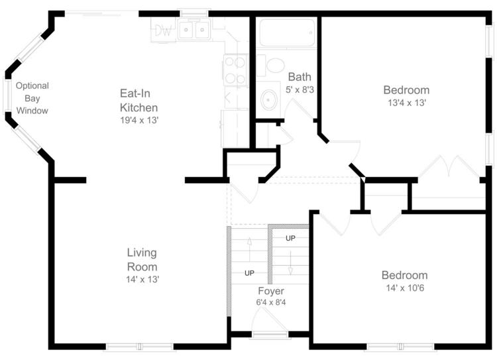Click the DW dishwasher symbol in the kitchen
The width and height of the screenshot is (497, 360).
coord(163,30)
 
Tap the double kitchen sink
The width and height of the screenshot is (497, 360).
coord(193,29)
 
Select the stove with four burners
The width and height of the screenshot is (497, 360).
coord(235,70)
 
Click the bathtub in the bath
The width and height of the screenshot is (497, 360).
coord(287,32)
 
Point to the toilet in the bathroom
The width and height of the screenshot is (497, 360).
coord(272,65)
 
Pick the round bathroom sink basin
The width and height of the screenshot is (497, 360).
coord(269,100)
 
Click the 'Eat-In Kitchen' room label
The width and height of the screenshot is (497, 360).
coord(138,100)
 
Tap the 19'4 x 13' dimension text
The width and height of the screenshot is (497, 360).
coord(139,120)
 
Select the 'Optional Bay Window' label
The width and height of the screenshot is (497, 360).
coord(32,98)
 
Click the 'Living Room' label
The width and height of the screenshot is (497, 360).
coord(142,259)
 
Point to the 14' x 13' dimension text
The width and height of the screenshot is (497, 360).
coord(142,279)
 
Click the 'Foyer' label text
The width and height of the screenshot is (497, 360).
coord(271,291)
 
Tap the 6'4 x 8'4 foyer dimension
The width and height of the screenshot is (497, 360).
coord(271,302)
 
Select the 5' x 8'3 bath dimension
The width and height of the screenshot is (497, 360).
coord(300,90)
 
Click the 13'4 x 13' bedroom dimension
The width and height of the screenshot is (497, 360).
coord(407,103)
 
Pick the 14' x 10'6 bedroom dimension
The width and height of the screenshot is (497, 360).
coord(405,288)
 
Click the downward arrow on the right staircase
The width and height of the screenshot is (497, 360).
coord(290,263)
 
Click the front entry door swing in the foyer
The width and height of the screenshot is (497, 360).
coord(270,320)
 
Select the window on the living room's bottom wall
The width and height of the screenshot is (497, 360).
coord(140,347)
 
